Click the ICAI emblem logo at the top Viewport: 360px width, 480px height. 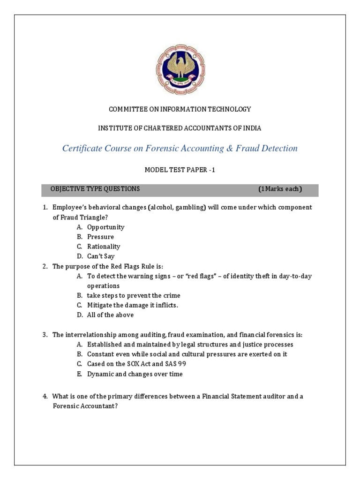pyautogui.click(x=180, y=68)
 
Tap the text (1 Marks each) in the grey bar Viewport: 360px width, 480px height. pyautogui.click(x=280, y=189)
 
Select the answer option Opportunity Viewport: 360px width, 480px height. pyautogui.click(x=105, y=227)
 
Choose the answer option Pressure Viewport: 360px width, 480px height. pyautogui.click(x=100, y=237)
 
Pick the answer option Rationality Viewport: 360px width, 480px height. pyautogui.click(x=104, y=247)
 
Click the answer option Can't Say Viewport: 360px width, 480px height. pyautogui.click(x=101, y=256)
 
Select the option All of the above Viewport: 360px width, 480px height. pyautogui.click(x=110, y=315)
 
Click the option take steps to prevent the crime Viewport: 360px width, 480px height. pyautogui.click(x=133, y=296)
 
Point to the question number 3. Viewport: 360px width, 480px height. pyautogui.click(x=45, y=335)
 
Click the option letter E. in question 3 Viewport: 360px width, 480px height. pyautogui.click(x=80, y=374)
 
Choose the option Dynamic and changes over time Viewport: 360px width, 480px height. pyautogui.click(x=135, y=374)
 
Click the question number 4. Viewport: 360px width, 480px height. pyautogui.click(x=45, y=397)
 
